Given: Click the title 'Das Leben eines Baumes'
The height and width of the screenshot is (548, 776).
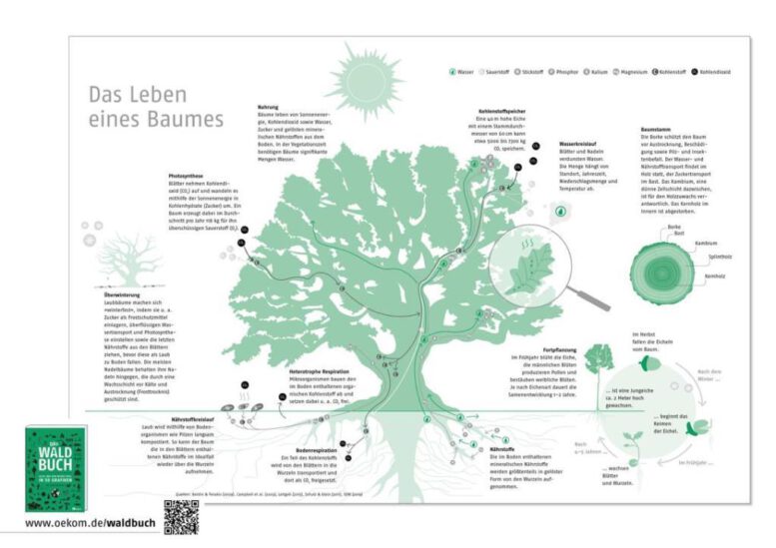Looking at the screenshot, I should click(x=155, y=107).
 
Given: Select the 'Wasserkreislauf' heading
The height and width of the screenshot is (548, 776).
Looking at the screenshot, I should click(x=578, y=143).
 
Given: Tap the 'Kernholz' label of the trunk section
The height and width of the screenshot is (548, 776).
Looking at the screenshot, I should click(x=713, y=274).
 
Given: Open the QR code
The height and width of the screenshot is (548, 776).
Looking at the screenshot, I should click(x=182, y=518).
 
